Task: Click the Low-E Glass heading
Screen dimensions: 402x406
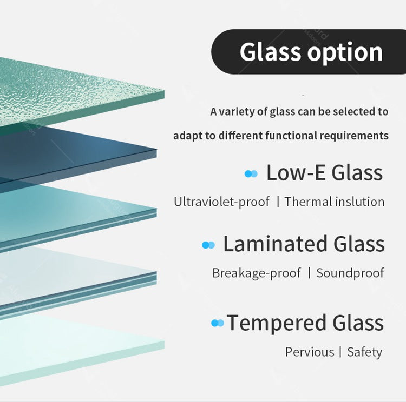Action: (324, 173)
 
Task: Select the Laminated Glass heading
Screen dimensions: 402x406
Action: (304, 244)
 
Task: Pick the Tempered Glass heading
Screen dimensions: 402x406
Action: (305, 323)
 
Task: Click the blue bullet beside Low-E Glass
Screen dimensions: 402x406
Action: (251, 173)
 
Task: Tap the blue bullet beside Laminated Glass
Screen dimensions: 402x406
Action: (208, 245)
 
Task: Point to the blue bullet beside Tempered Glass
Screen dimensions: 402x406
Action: (217, 323)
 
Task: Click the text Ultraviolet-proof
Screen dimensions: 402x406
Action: (221, 202)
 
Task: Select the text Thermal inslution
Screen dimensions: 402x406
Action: (334, 202)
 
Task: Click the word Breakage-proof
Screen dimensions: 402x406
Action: (256, 273)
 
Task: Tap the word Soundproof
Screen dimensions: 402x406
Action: (350, 273)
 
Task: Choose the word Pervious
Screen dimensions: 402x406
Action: (310, 352)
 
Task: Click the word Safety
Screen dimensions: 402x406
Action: (364, 352)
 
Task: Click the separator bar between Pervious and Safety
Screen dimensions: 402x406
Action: (340, 352)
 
